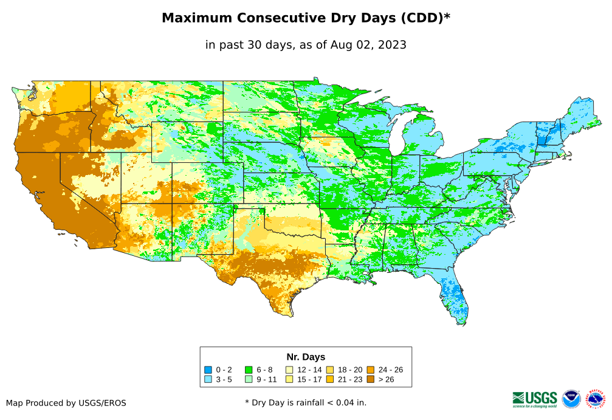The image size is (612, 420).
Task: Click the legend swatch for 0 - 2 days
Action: click(x=208, y=370)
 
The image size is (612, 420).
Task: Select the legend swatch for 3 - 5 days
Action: click(x=208, y=379)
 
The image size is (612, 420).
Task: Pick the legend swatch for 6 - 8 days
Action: click(x=249, y=370)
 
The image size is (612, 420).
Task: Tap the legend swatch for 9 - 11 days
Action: click(x=249, y=379)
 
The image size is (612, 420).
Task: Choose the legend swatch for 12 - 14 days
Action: click(x=289, y=370)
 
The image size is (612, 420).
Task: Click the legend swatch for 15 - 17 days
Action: click(x=289, y=379)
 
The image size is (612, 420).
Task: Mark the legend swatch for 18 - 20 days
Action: click(x=330, y=370)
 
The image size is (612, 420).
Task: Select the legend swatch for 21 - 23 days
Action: click(x=330, y=379)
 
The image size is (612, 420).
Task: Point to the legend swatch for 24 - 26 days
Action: click(x=371, y=370)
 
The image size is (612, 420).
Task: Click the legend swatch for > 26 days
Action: click(x=371, y=379)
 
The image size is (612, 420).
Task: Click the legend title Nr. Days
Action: click(x=306, y=357)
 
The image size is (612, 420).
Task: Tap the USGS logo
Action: click(x=535, y=399)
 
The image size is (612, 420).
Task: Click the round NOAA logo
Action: click(x=571, y=399)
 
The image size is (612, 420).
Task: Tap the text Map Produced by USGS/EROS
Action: click(x=66, y=403)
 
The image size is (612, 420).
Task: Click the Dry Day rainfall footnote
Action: click(x=306, y=402)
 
